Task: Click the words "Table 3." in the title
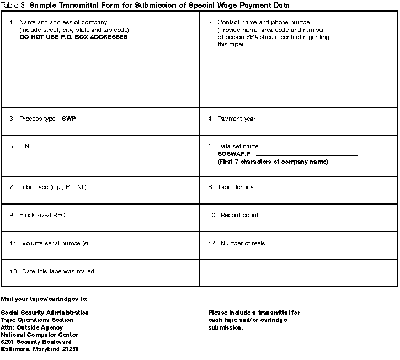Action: point(14,5)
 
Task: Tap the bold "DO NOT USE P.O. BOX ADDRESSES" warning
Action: point(73,37)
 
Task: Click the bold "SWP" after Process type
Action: point(68,119)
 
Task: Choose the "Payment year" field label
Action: point(236,119)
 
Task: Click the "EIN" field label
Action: point(24,147)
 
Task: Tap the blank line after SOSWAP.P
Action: point(307,154)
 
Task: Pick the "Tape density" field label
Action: point(235,187)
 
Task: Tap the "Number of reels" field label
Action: point(243,243)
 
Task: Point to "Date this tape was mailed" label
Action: point(58,271)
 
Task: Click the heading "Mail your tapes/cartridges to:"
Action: point(44,299)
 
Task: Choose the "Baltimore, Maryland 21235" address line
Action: point(40,349)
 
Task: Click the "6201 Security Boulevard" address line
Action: point(36,342)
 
